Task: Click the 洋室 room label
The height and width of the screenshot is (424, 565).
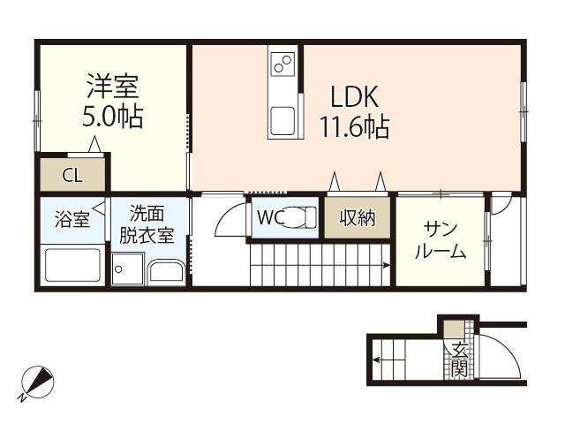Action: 112,87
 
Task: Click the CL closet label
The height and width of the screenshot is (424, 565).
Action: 72,175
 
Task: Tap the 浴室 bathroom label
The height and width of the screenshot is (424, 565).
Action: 72,220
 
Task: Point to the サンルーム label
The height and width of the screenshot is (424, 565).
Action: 440,240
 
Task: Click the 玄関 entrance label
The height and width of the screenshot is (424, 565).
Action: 459,359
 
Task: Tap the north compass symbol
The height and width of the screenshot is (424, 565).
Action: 37,382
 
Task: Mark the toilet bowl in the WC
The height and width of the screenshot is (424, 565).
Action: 301,217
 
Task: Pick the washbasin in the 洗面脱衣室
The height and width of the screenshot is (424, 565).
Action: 166,271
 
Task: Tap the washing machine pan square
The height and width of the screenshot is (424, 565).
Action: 129,269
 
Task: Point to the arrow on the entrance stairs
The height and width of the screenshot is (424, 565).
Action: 378,360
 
